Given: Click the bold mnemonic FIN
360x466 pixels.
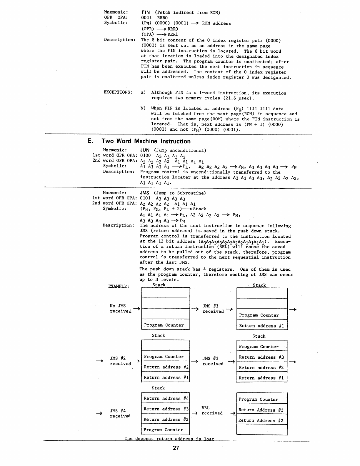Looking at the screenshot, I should tap(146, 12).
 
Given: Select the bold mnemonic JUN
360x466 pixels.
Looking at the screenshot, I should tap(145, 150).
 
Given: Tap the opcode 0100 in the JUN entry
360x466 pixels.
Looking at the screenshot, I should tap(145, 156).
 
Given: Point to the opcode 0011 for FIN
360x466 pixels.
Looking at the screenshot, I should tap(146, 18).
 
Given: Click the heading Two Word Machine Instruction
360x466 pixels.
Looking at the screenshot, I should tap(146, 141).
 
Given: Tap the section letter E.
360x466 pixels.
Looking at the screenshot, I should tap(90, 141).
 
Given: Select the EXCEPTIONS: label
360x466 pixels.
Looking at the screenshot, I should tap(118, 92).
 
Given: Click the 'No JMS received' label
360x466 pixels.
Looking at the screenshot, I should tap(120, 309).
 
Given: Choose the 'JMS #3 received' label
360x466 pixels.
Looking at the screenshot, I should tap(213, 361).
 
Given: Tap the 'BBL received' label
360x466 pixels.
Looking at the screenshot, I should tap(211, 411).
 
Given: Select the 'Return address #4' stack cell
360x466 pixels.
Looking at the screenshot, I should tap(166, 399).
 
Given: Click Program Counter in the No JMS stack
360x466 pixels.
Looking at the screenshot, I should tap(164, 325).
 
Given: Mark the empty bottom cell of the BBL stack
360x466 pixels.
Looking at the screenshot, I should tap(261, 430).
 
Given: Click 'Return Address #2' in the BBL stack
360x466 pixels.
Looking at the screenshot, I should tap(261, 421).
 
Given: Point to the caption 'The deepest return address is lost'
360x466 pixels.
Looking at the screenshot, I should tap(169, 439).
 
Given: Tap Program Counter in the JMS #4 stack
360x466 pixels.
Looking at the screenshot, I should tap(163, 430).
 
